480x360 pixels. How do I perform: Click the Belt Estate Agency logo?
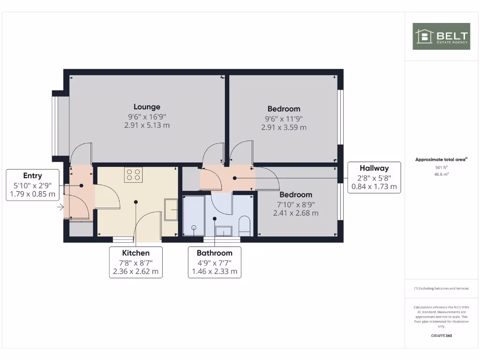tap(441, 36)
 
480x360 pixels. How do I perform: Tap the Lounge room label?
tap(147, 107)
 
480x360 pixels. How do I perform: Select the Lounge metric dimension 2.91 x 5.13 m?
tap(147, 125)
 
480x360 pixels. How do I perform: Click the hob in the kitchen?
tap(133, 175)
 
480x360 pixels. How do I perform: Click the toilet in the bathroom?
tap(245, 226)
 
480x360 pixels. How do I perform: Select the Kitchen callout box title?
tap(136, 253)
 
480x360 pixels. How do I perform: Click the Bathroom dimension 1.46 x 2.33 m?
tap(215, 271)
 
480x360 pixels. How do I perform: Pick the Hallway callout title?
tap(374, 168)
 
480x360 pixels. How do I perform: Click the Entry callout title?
tap(32, 176)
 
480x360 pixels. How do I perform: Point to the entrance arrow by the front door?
tap(60, 207)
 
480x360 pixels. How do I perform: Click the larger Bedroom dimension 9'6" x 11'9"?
tap(284, 118)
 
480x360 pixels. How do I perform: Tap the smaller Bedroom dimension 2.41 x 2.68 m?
tap(296, 213)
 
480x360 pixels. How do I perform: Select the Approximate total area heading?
tap(441, 160)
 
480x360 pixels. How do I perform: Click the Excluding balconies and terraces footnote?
tap(441, 289)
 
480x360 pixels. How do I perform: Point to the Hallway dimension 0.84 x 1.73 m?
tap(374, 186)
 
